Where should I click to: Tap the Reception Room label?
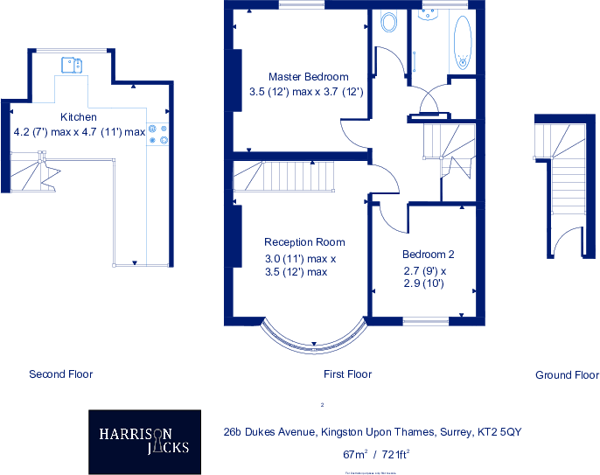[304, 241]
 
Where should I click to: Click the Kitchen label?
[78, 117]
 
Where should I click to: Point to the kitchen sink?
[71, 64]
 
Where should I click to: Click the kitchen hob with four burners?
[158, 134]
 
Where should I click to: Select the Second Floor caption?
[60, 374]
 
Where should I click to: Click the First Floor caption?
[347, 374]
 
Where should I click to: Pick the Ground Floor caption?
[567, 375]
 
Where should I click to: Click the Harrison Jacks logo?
[144, 439]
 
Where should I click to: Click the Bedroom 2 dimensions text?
[424, 276]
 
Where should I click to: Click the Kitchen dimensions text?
[79, 132]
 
